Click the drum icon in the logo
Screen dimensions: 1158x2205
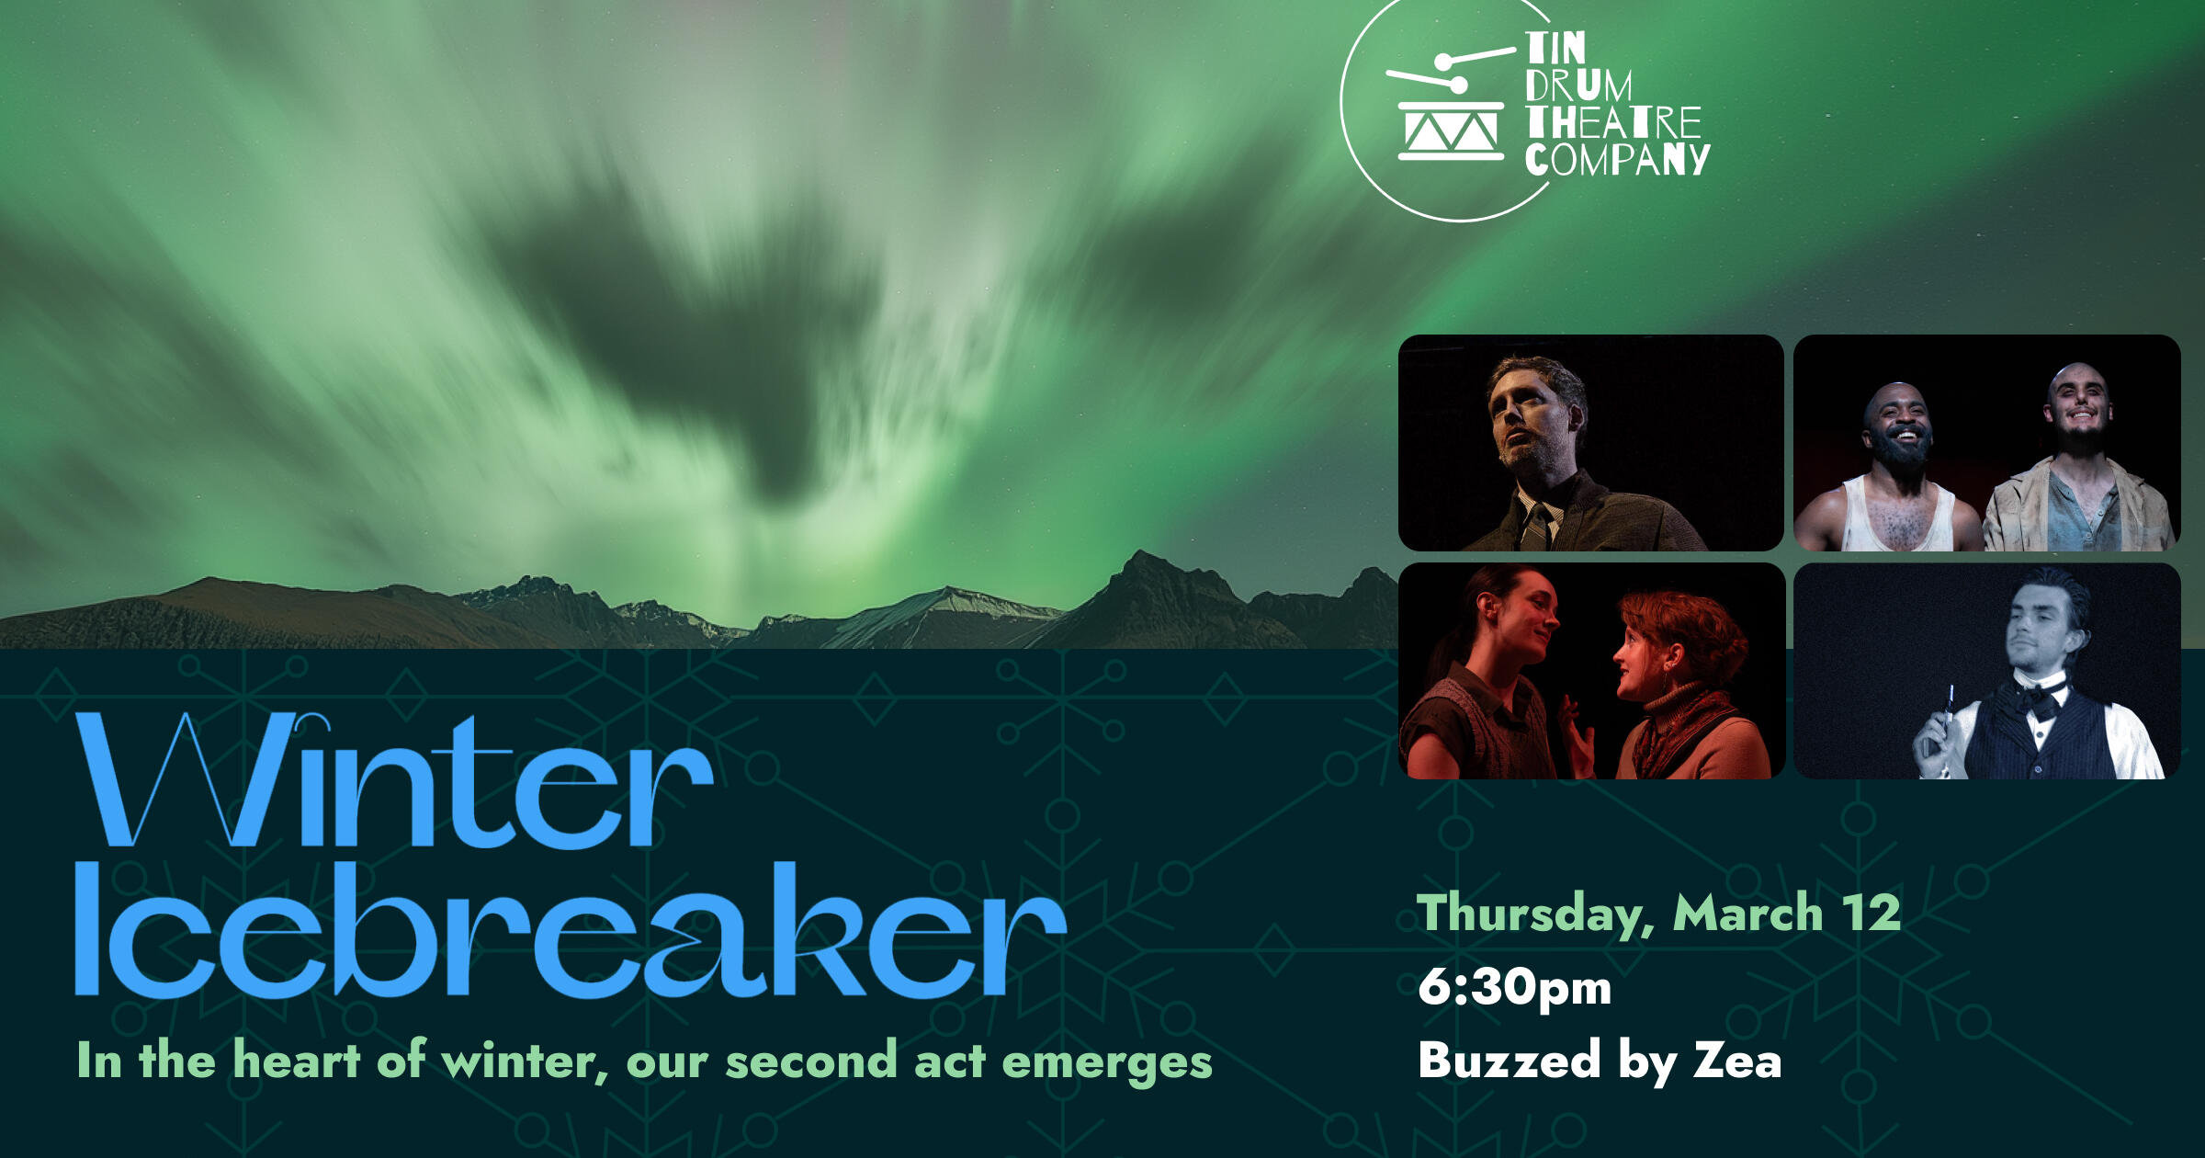point(1450,110)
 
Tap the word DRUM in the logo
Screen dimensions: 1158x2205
point(1578,85)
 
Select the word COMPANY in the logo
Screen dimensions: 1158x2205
point(1617,158)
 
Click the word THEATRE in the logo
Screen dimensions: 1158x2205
point(1613,122)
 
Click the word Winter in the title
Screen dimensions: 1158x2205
point(395,781)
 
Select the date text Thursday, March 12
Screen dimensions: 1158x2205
point(1658,913)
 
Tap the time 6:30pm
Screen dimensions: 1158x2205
point(1514,987)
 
